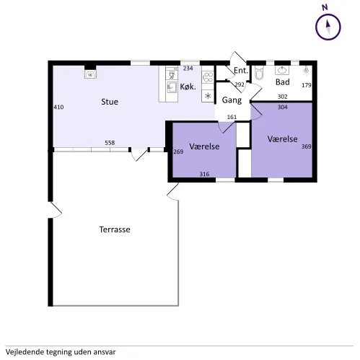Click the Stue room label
(110, 102)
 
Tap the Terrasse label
(115, 229)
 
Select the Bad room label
(283, 82)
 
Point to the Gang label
(232, 100)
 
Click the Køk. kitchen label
(188, 87)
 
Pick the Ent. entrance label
(241, 71)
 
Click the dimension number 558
(110, 143)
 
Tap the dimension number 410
(58, 107)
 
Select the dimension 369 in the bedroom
(307, 146)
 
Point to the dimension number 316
(204, 174)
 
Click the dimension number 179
(307, 85)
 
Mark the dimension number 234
(188, 69)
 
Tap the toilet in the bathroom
(259, 73)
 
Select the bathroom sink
(282, 70)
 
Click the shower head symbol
(306, 71)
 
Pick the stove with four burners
(208, 77)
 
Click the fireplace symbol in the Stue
(90, 74)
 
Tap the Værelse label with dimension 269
(204, 146)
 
